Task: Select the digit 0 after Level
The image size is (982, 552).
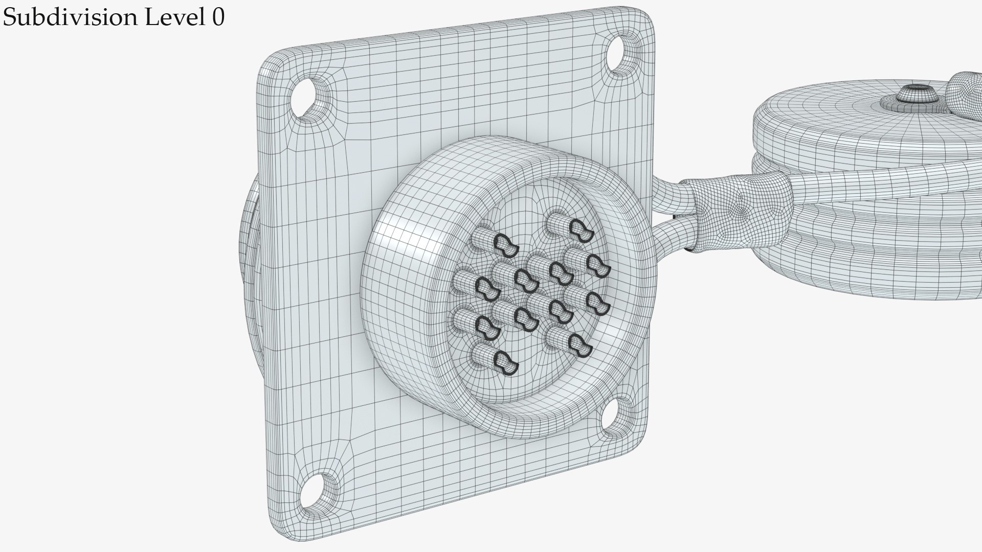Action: (217, 18)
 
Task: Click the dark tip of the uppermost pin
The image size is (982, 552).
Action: (580, 229)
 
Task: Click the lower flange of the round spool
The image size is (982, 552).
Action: (869, 276)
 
